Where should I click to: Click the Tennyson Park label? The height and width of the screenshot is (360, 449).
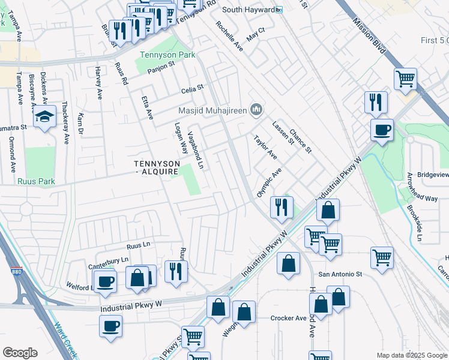coord(159,55)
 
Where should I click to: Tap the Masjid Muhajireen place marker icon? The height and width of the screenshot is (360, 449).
coord(257,109)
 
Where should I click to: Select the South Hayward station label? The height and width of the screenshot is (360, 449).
coord(248,10)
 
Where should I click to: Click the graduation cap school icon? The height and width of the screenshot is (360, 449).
coord(44,118)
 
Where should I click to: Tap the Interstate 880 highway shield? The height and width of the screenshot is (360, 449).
coord(16,272)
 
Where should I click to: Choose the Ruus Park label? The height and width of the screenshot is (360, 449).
coord(37,181)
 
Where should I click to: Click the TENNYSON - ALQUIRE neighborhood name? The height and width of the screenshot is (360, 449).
coord(156,167)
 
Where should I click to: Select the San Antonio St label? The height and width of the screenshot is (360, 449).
coord(340,274)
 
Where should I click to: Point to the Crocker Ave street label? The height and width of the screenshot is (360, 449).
coord(289,318)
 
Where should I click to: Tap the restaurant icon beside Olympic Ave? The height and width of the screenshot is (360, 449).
coord(281,207)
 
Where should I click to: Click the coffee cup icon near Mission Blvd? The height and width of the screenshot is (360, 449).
coord(381,129)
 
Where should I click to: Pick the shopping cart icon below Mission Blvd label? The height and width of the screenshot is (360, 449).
coord(406,79)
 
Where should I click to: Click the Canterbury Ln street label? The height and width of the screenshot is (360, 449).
coord(109,260)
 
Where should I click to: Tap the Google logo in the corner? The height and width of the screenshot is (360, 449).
coord(20,353)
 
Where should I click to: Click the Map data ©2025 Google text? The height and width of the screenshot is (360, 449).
coord(411,355)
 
